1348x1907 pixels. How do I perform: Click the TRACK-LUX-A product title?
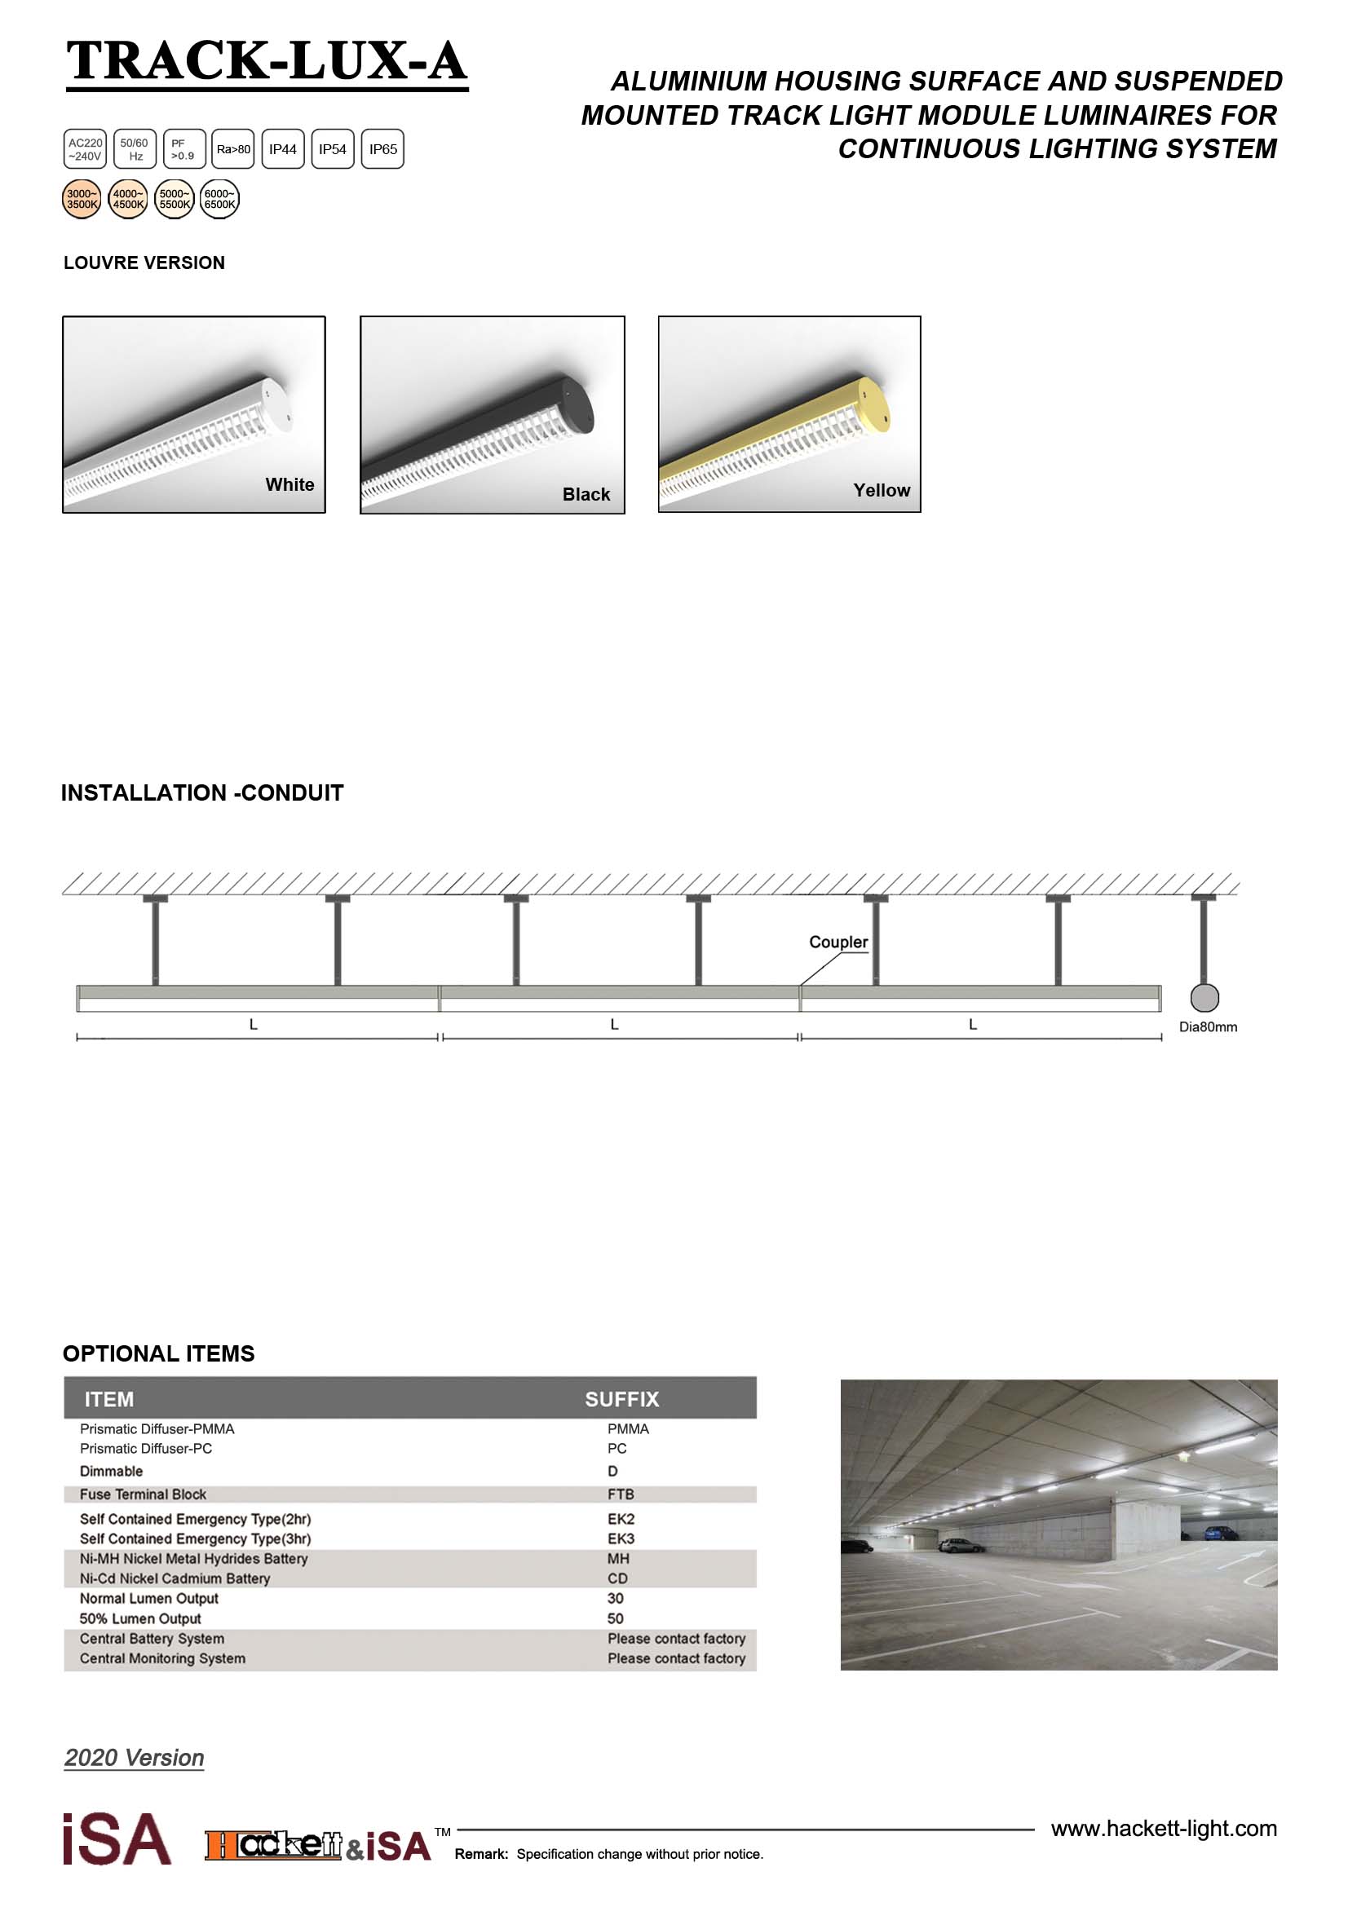pyautogui.click(x=267, y=61)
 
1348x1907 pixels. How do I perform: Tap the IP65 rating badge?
pyautogui.click(x=383, y=149)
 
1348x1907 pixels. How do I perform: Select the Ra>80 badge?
pyautogui.click(x=233, y=149)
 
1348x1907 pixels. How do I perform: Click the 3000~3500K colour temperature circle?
pyautogui.click(x=82, y=199)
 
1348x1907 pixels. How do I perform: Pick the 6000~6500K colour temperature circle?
pyautogui.click(x=220, y=199)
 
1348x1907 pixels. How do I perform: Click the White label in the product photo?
pyautogui.click(x=289, y=484)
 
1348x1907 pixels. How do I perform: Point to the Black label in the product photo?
pyautogui.click(x=586, y=494)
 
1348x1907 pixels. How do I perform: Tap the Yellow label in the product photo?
pyautogui.click(x=882, y=490)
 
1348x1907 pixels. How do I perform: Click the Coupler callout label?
pyautogui.click(x=838, y=942)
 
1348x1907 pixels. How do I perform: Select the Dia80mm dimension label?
pyautogui.click(x=1208, y=1026)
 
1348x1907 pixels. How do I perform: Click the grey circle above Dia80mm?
pyautogui.click(x=1204, y=997)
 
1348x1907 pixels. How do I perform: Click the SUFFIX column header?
pyautogui.click(x=621, y=1400)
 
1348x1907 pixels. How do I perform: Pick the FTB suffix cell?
pyautogui.click(x=621, y=1494)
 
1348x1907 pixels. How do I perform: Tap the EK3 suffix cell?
pyautogui.click(x=621, y=1538)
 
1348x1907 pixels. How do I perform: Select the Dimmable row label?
pyautogui.click(x=111, y=1471)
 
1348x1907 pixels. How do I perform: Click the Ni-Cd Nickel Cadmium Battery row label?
pyautogui.click(x=175, y=1578)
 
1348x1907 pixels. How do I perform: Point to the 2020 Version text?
pyautogui.click(x=135, y=1758)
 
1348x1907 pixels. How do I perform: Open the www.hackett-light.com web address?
pyautogui.click(x=1164, y=1828)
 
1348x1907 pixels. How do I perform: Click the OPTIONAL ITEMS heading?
pyautogui.click(x=159, y=1354)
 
